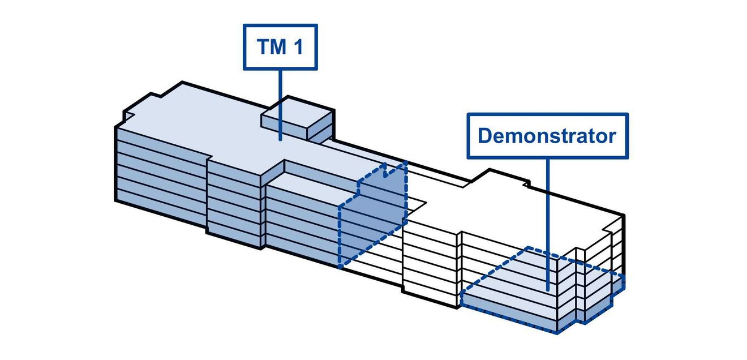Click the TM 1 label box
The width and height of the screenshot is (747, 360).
click(280, 47)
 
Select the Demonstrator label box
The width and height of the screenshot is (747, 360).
click(548, 136)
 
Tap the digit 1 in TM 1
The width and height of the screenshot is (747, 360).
click(298, 47)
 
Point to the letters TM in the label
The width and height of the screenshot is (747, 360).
click(272, 47)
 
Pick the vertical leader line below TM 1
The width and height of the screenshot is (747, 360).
click(280, 105)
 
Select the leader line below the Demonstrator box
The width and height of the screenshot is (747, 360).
click(548, 225)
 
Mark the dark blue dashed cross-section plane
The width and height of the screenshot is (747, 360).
click(372, 213)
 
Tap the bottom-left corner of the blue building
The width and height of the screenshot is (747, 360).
click(115, 201)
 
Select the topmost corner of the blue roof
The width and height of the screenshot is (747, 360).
click(182, 82)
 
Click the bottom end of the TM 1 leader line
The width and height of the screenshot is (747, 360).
click(280, 140)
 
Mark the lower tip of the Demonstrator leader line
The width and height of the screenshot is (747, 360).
click(548, 291)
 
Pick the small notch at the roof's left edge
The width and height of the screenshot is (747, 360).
click(128, 115)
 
